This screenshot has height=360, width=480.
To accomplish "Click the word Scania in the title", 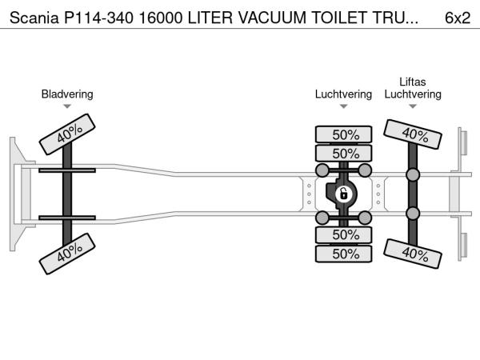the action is pos(34,18).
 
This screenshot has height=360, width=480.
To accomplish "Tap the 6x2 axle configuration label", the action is pos(458,18).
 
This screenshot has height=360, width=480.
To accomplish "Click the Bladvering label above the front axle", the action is pos(67,94).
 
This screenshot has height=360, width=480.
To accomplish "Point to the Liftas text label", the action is pos(412,82).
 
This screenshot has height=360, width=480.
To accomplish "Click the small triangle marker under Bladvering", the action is pos(67,106).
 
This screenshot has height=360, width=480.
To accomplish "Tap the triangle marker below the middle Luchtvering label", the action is pos(343,106).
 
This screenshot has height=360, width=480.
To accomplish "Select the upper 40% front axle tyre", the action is pos(67,134).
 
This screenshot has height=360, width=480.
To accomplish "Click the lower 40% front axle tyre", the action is pos(67,254).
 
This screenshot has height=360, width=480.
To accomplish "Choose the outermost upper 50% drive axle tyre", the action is pos(343,134).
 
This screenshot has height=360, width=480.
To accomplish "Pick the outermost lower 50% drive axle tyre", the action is pos(343,254).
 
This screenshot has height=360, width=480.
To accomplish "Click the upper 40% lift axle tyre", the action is pos(413,134).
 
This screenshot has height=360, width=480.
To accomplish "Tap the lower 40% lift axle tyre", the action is pos(413,254).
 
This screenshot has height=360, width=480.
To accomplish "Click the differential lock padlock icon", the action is pos(343,194).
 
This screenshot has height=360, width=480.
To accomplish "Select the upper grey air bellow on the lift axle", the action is pos(413,174).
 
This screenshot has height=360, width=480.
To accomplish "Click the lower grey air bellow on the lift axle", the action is pos(413,214).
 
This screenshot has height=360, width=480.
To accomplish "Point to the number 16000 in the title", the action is pos(161,18).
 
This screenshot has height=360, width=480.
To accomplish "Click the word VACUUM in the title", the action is pos(272,18).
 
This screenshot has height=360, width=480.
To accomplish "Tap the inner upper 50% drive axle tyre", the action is pos(343,154).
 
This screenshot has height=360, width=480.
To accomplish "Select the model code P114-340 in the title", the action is pos(98,18).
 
